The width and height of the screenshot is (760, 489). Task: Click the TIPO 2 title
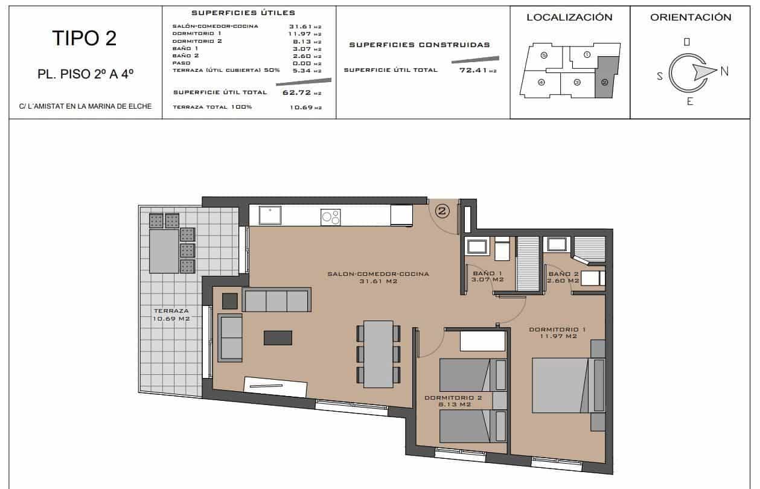pos(84,38)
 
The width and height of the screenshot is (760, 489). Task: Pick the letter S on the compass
pos(660,76)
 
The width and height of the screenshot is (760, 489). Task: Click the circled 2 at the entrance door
pos(442,211)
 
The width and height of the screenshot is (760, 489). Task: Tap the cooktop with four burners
pos(330,217)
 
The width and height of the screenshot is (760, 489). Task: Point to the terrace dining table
pos(164,251)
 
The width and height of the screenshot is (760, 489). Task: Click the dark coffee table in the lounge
pos(278,338)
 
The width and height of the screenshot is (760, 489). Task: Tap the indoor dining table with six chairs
pos(378,353)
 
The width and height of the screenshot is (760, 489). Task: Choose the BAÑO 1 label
pos(488,276)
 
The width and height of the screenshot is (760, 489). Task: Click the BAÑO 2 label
pos(563,276)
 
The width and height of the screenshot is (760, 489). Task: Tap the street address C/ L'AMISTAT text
pos(85,107)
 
